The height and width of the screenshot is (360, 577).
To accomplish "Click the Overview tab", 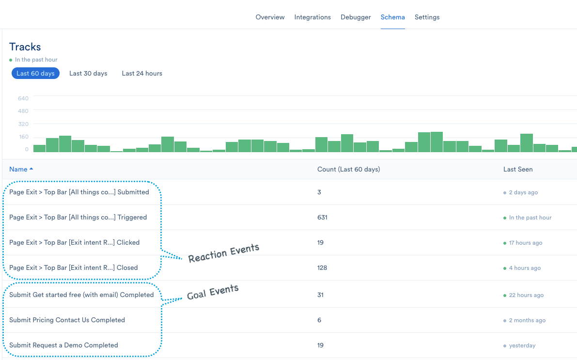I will click(270, 17).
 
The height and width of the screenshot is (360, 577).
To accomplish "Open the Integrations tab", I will click(312, 17).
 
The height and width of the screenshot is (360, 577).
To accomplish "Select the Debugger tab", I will click(356, 17).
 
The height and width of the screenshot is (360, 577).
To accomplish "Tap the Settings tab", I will click(427, 17).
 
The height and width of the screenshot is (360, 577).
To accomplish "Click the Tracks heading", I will click(25, 47).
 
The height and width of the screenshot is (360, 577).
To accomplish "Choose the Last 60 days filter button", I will click(35, 74).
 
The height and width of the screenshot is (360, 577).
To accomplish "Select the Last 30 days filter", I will click(88, 74).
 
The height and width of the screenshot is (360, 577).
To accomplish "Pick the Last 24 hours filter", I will click(142, 74).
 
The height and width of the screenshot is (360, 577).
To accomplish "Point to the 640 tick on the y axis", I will click(23, 98).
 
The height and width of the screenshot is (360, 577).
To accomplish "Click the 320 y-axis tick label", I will click(23, 124).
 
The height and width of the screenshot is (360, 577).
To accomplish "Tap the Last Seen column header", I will click(518, 169).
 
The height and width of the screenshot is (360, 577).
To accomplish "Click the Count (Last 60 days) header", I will click(348, 169).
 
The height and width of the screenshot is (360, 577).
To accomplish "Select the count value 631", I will click(322, 218).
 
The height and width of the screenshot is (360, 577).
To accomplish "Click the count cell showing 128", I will click(322, 268).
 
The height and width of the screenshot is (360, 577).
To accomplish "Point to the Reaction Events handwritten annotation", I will click(224, 252).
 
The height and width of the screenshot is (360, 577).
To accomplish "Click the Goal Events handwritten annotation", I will click(213, 292).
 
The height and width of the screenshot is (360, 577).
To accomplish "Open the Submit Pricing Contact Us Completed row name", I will click(67, 320).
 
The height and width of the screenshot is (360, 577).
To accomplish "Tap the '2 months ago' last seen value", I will click(527, 320).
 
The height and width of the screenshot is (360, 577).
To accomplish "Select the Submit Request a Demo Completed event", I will click(63, 345).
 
